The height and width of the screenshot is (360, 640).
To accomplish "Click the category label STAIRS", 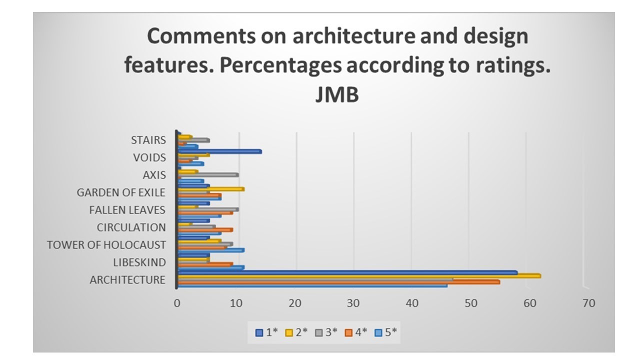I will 148,140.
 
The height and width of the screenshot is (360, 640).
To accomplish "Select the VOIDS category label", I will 149,157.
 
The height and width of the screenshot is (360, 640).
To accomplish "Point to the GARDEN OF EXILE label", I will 120,192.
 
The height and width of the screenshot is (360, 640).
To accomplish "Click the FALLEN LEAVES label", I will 127,210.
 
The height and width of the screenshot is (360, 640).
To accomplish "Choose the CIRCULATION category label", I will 131,227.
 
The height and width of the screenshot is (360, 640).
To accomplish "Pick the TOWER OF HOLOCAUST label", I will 106,245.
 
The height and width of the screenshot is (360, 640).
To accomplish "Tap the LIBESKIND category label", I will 139,262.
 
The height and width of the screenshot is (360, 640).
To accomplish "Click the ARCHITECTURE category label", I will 127,280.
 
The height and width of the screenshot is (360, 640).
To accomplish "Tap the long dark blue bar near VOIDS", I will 220,151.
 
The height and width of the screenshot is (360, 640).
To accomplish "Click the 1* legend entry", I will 266,332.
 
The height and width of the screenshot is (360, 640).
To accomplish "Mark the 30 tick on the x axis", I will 353,303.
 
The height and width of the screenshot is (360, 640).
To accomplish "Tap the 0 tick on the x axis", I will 177,303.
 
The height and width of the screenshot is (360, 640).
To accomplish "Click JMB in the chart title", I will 336,94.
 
